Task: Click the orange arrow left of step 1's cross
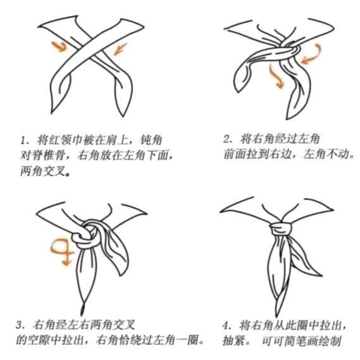[59, 46]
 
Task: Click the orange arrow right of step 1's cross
[120, 49]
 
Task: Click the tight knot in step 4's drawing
[281, 228]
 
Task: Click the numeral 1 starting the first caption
[23, 140]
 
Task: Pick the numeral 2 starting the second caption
[227, 139]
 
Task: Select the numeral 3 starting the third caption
[19, 325]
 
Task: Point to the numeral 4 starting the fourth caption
[226, 326]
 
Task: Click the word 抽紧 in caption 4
[233, 341]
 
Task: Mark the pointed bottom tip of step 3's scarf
[82, 314]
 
